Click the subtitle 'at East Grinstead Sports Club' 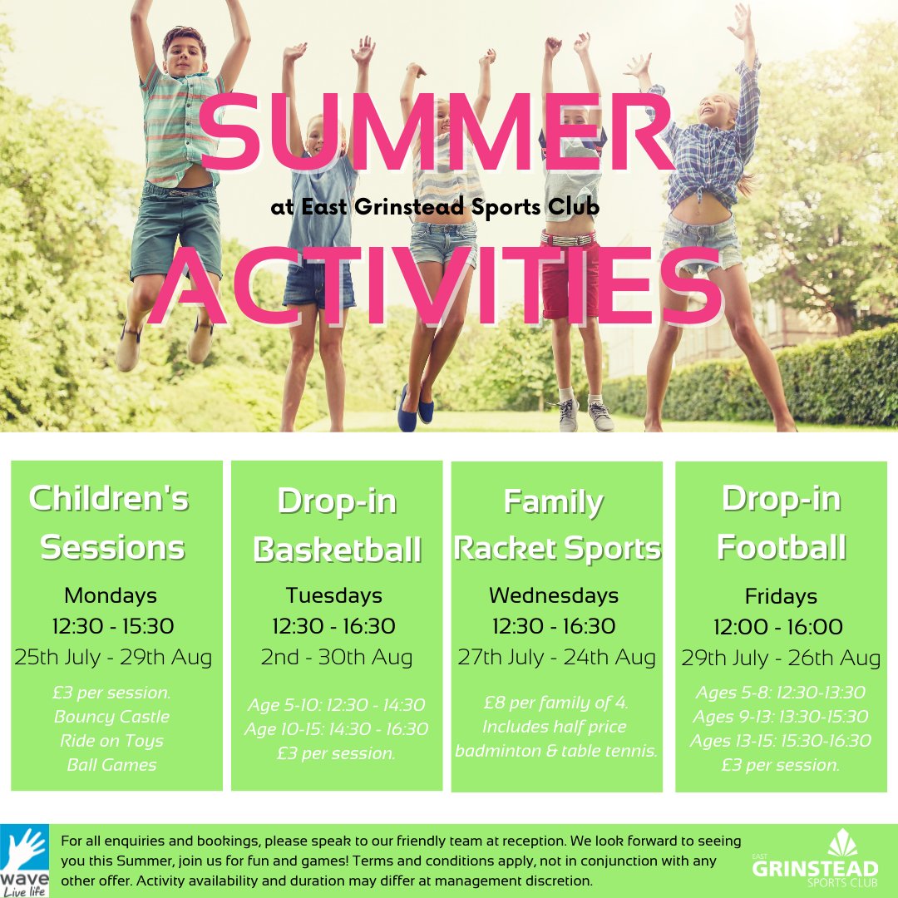(435, 208)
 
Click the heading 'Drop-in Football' (781, 523)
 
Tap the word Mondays (111, 595)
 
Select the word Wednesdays (554, 595)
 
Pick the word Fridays (781, 596)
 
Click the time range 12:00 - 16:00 (778, 627)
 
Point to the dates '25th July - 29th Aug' (113, 657)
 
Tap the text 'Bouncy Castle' (111, 716)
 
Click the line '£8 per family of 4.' (555, 703)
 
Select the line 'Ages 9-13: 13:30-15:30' (781, 716)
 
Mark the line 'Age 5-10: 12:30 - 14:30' (336, 705)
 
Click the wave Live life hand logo (25, 861)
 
